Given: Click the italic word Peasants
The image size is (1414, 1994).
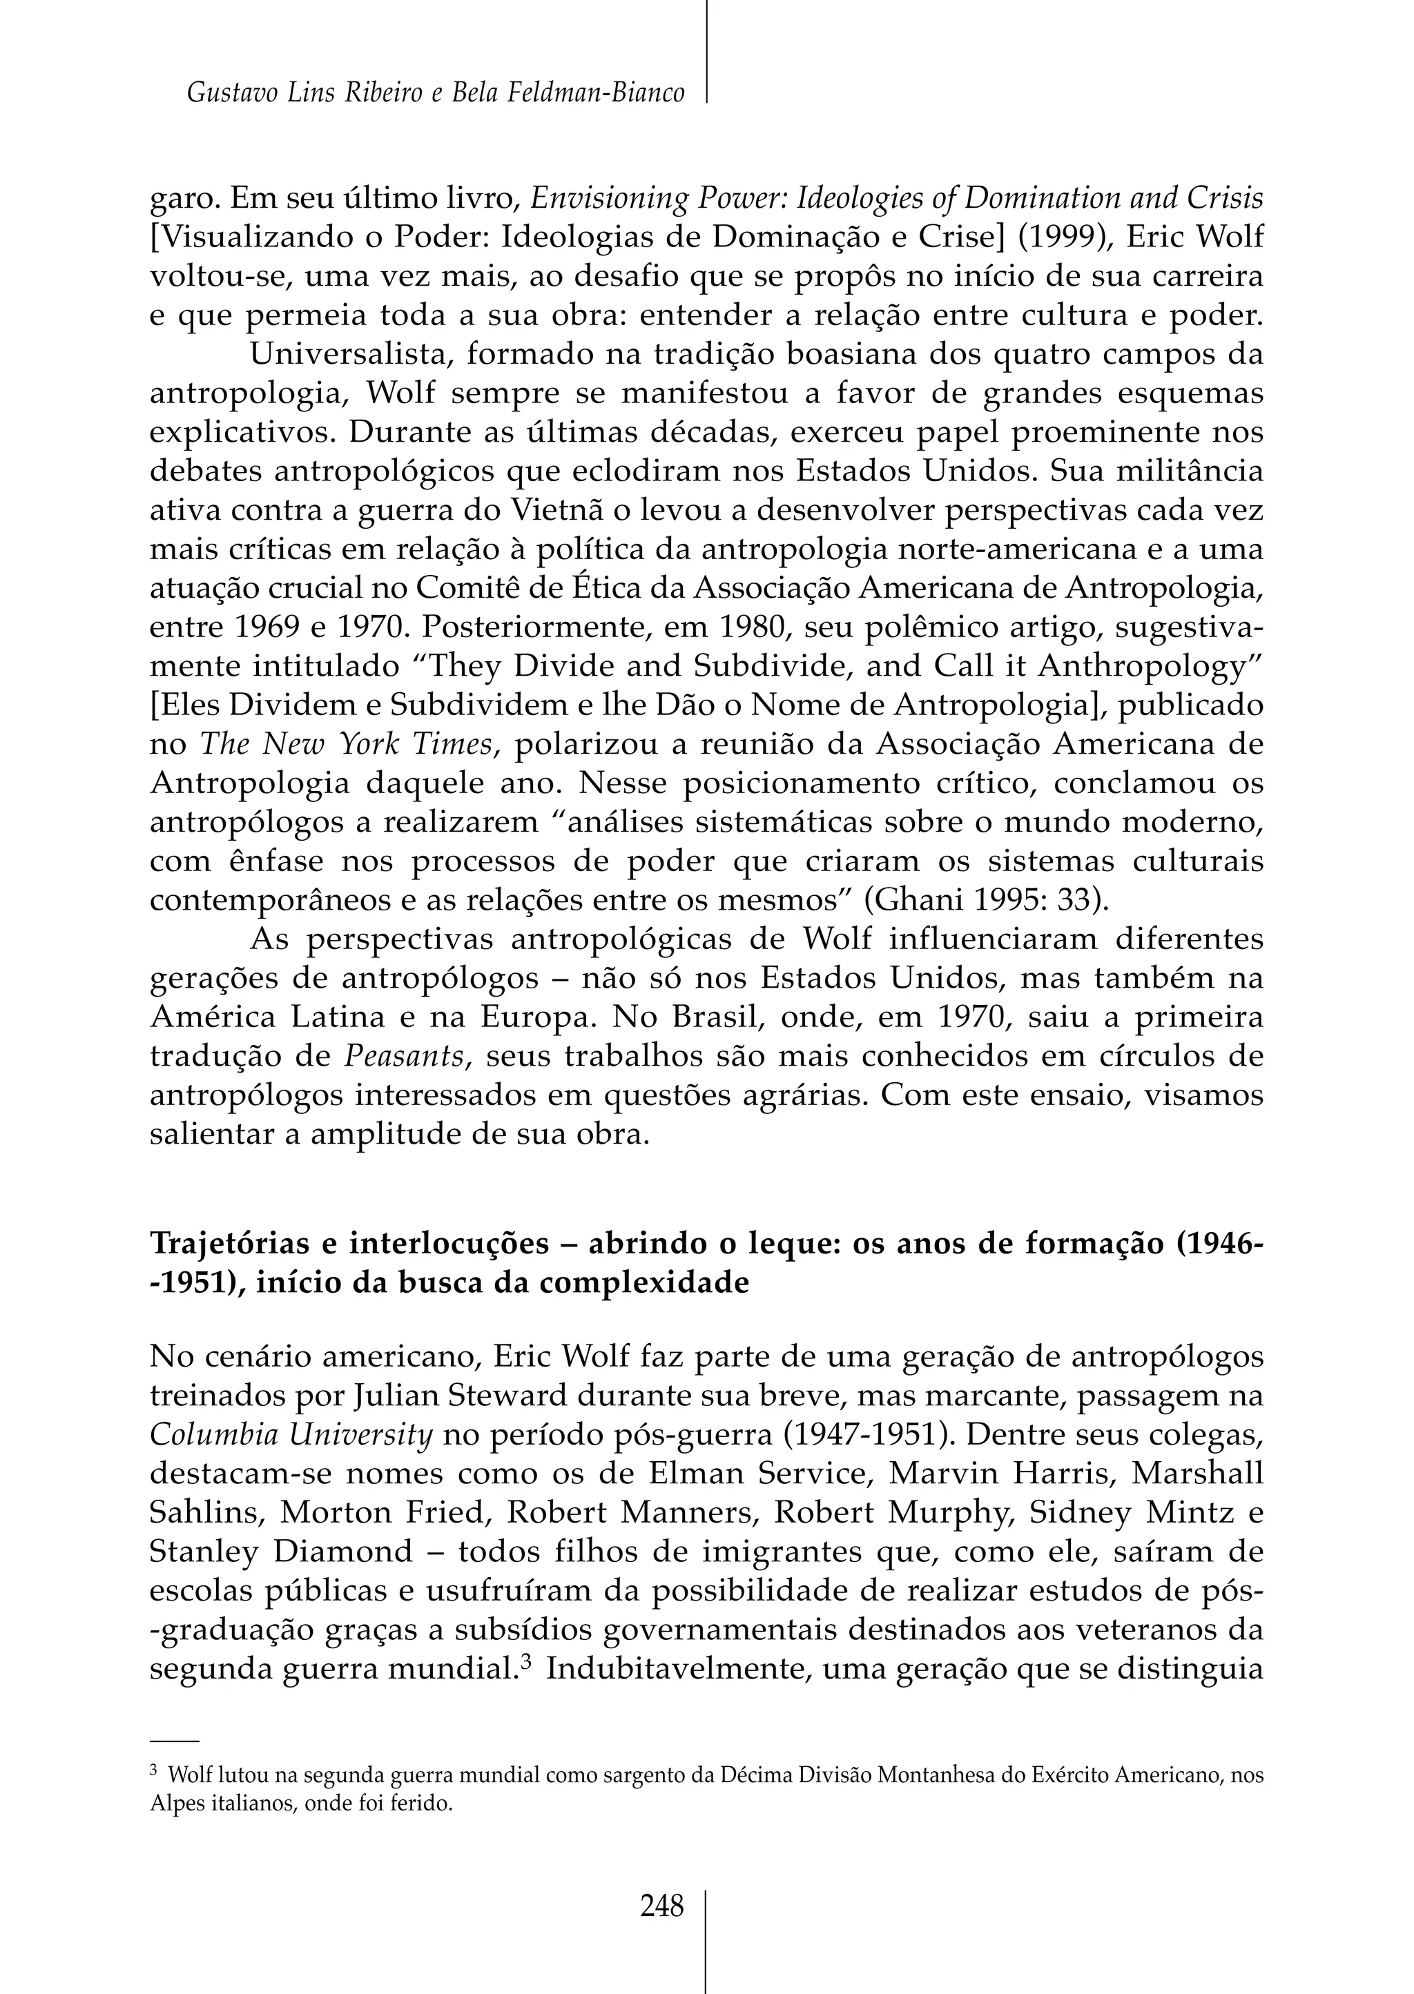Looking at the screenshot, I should click(x=403, y=1056).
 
